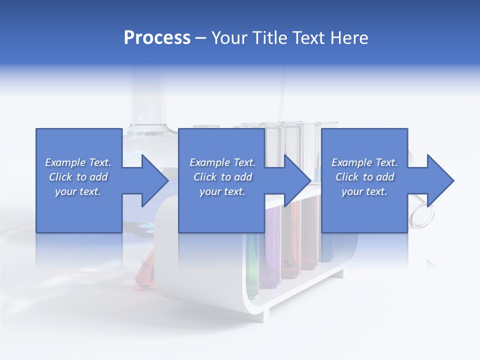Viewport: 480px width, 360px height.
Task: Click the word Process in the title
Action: click(x=157, y=38)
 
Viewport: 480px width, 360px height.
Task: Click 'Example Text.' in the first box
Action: click(x=78, y=162)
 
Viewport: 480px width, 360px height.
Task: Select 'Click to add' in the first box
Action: click(x=78, y=177)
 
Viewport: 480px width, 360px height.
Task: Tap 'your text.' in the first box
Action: click(x=78, y=191)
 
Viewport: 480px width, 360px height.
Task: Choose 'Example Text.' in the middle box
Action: click(x=222, y=162)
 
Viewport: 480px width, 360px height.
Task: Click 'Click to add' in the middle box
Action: click(x=222, y=177)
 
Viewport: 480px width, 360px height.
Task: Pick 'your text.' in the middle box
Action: click(x=222, y=191)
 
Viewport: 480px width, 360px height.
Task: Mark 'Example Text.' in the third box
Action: click(x=364, y=162)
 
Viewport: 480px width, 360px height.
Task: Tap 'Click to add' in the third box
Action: click(x=364, y=177)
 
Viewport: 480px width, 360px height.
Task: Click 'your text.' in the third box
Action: click(x=364, y=191)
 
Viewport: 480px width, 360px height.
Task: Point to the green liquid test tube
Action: click(x=253, y=270)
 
